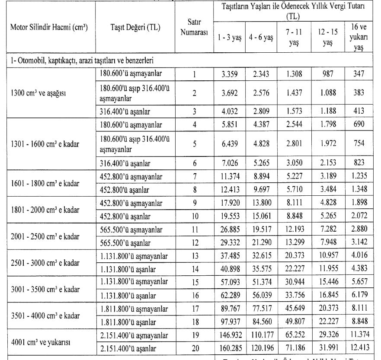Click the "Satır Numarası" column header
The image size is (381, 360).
(194, 27)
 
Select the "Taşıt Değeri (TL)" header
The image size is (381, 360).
(135, 27)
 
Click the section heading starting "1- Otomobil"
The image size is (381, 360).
(82, 60)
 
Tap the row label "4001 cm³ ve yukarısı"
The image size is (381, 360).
(41, 343)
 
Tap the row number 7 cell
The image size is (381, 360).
(194, 176)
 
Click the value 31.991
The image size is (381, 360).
(327, 349)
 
